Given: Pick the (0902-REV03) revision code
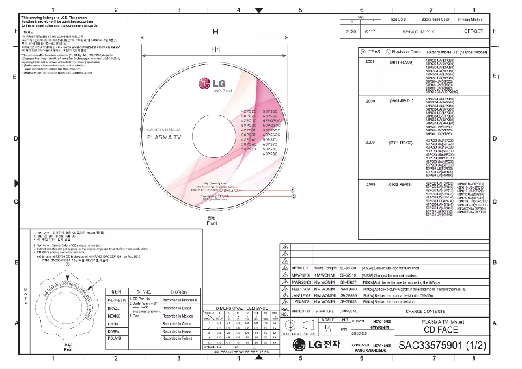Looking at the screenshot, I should tap(402, 185).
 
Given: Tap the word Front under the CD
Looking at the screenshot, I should tap(211, 223).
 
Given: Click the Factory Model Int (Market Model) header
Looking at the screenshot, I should tap(458, 51).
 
